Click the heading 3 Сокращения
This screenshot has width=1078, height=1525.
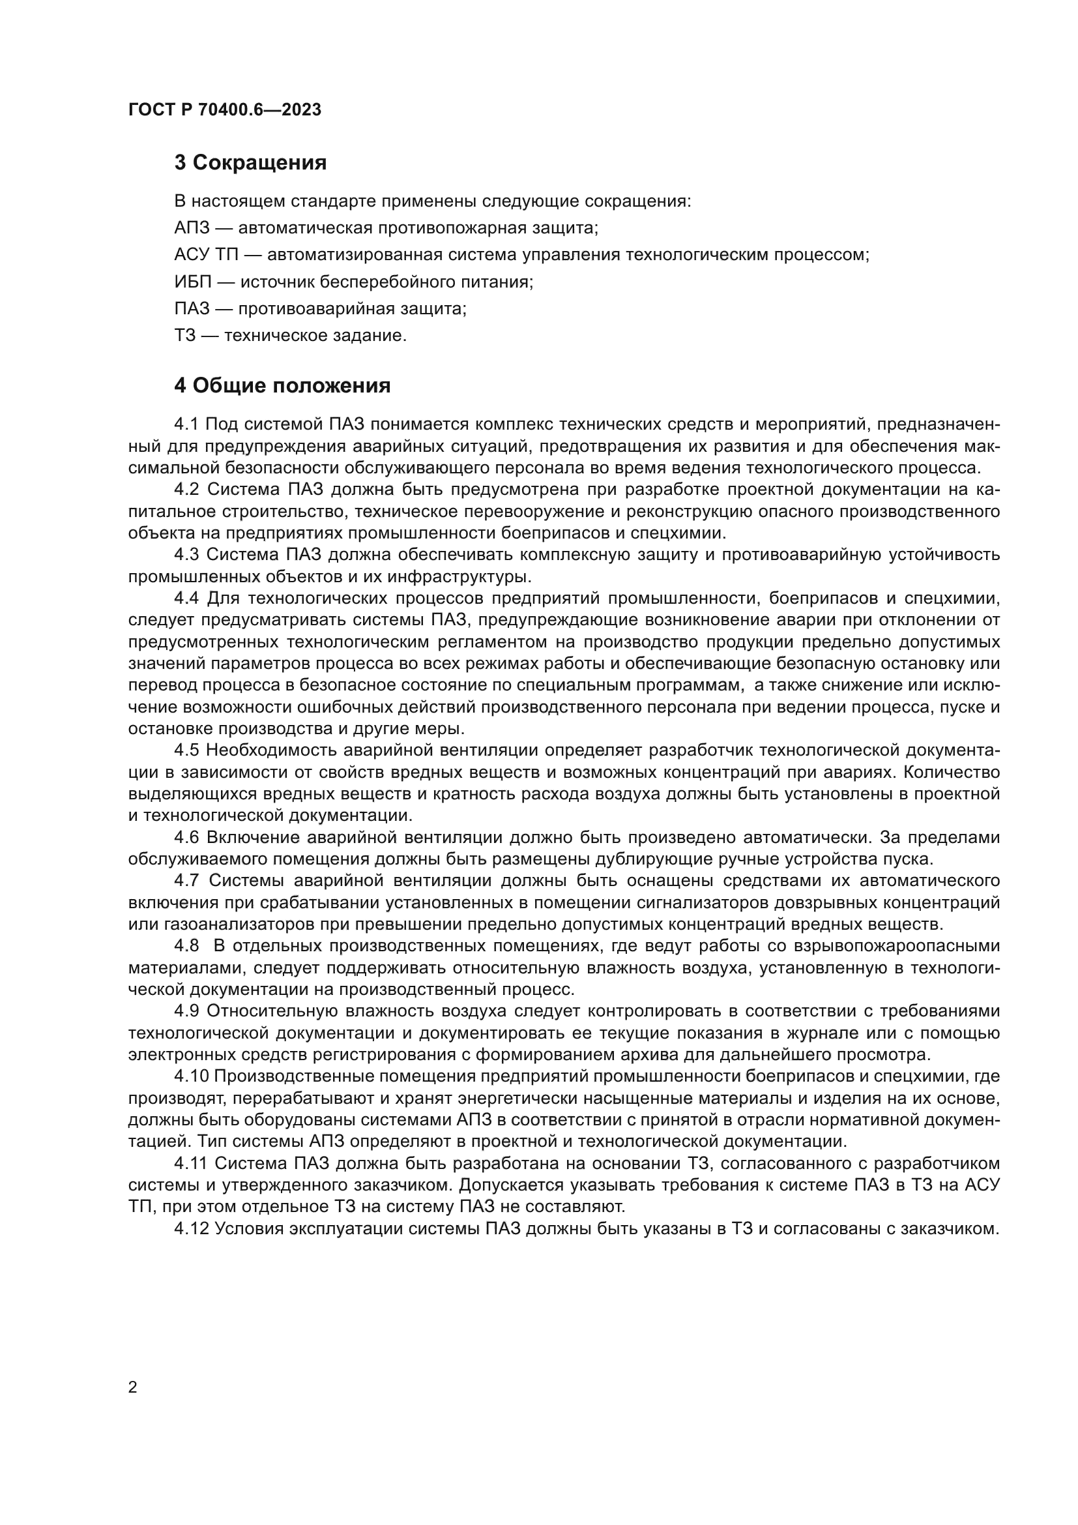250,163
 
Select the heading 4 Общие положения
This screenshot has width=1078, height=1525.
282,385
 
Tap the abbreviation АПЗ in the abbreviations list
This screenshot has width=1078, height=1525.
192,228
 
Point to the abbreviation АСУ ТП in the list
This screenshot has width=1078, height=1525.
207,255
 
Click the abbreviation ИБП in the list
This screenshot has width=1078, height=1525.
192,282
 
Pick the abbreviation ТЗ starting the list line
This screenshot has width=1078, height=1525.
185,336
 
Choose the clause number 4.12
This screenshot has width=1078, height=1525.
191,1228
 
